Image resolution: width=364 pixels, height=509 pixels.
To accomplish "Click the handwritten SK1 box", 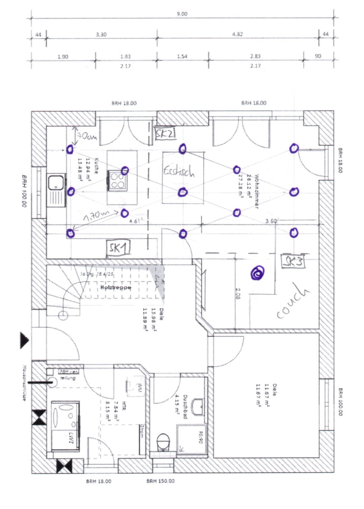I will coord(119,248).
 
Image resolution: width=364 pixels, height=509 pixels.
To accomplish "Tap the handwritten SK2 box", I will coord(165,134).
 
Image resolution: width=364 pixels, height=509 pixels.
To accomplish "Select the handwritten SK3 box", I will coord(293,262).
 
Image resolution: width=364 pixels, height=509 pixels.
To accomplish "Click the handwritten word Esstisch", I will coord(179,171).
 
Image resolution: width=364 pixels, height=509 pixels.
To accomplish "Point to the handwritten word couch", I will coord(292,301).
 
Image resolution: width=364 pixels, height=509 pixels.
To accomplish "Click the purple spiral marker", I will coord(257,273).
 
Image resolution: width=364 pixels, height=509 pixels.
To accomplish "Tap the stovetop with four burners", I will coord(117,181).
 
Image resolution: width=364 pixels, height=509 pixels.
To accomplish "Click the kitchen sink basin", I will coord(56,182).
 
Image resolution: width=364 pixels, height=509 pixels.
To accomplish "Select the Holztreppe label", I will coord(116,287).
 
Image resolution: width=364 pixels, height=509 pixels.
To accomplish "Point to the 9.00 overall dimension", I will coord(182,14).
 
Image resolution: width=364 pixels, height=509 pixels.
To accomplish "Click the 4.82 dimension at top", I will coord(237,34).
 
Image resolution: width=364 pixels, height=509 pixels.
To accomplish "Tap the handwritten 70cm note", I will coord(87,137).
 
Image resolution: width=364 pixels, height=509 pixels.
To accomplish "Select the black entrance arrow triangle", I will coord(24,340).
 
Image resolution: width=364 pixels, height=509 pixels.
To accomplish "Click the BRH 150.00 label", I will coord(160,481).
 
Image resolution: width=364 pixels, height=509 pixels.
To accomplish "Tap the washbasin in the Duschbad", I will coord(198,407).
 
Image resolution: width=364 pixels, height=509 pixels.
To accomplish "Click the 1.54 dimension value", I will coord(182,56).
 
